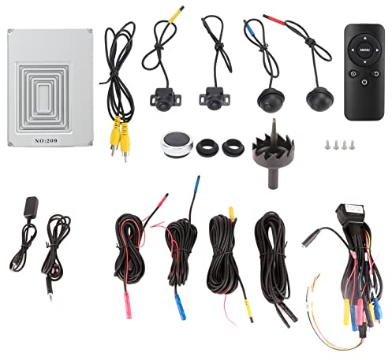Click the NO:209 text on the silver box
46,141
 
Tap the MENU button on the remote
364,50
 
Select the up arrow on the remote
365,39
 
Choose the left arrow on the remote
353,50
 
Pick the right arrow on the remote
377,50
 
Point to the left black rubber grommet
207,148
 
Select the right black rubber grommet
233,147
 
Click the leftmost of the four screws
327,145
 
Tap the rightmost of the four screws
352,145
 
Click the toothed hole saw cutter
273,153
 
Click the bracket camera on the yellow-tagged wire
166,99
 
